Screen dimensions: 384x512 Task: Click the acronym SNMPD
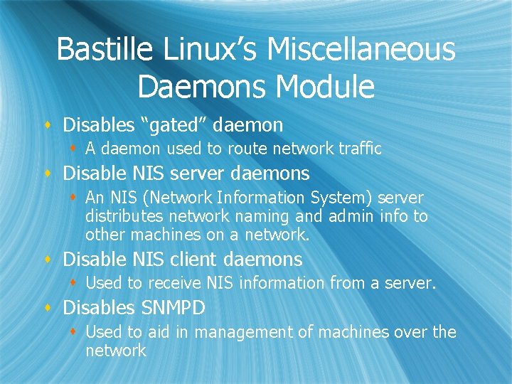173,308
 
